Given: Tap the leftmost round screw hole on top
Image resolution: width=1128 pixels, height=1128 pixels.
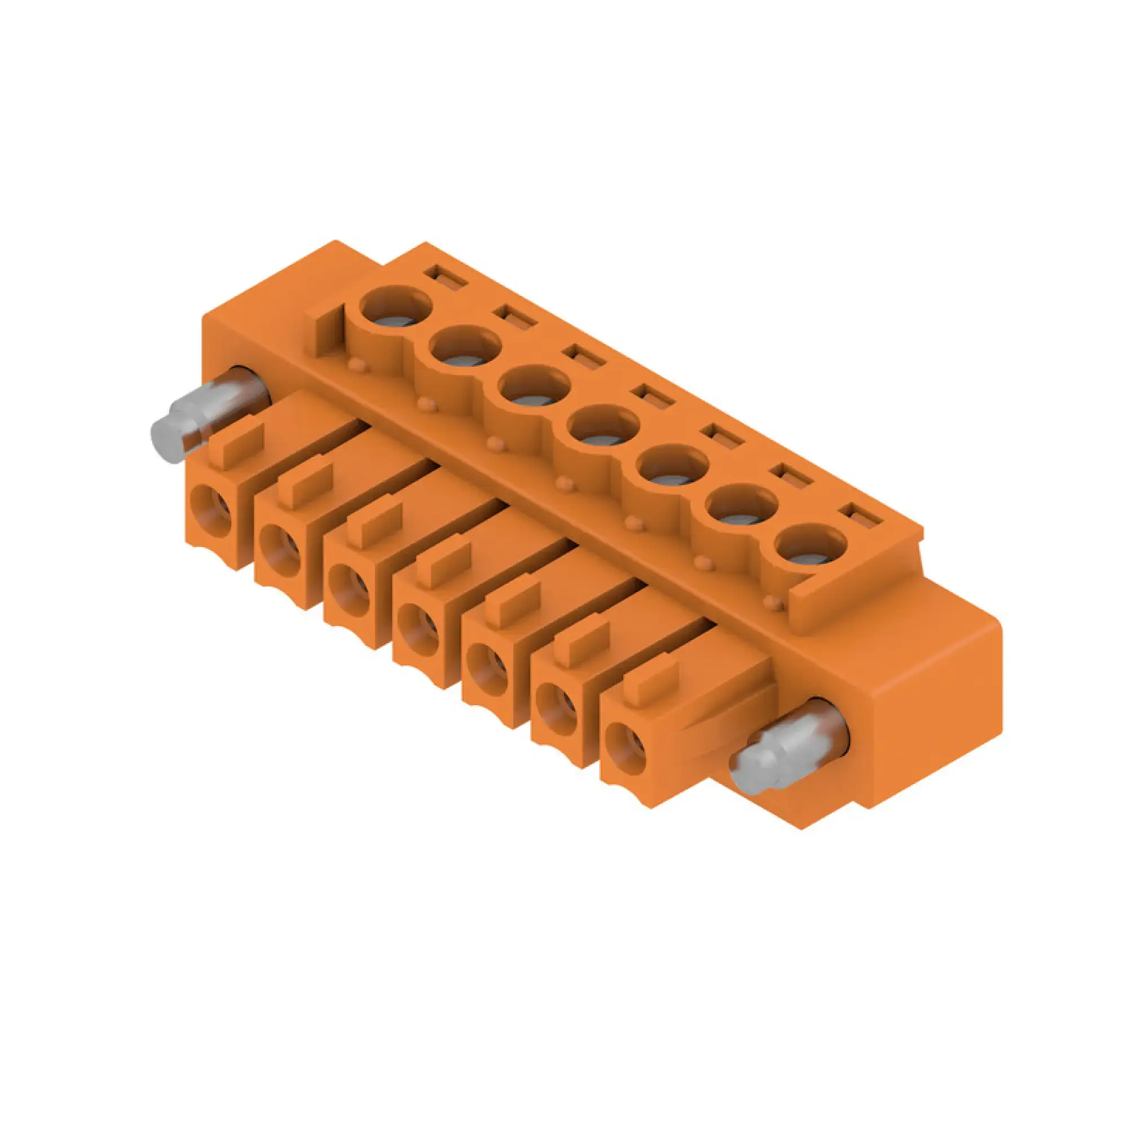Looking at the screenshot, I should coord(395,309).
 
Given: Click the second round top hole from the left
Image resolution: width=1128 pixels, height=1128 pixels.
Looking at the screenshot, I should coord(465,349).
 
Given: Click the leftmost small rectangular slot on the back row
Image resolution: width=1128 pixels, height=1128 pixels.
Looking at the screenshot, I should coord(446,276).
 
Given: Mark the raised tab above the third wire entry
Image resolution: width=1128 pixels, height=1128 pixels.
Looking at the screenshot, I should coord(374,526).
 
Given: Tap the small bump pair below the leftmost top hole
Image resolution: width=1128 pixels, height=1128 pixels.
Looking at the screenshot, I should coord(358,365).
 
